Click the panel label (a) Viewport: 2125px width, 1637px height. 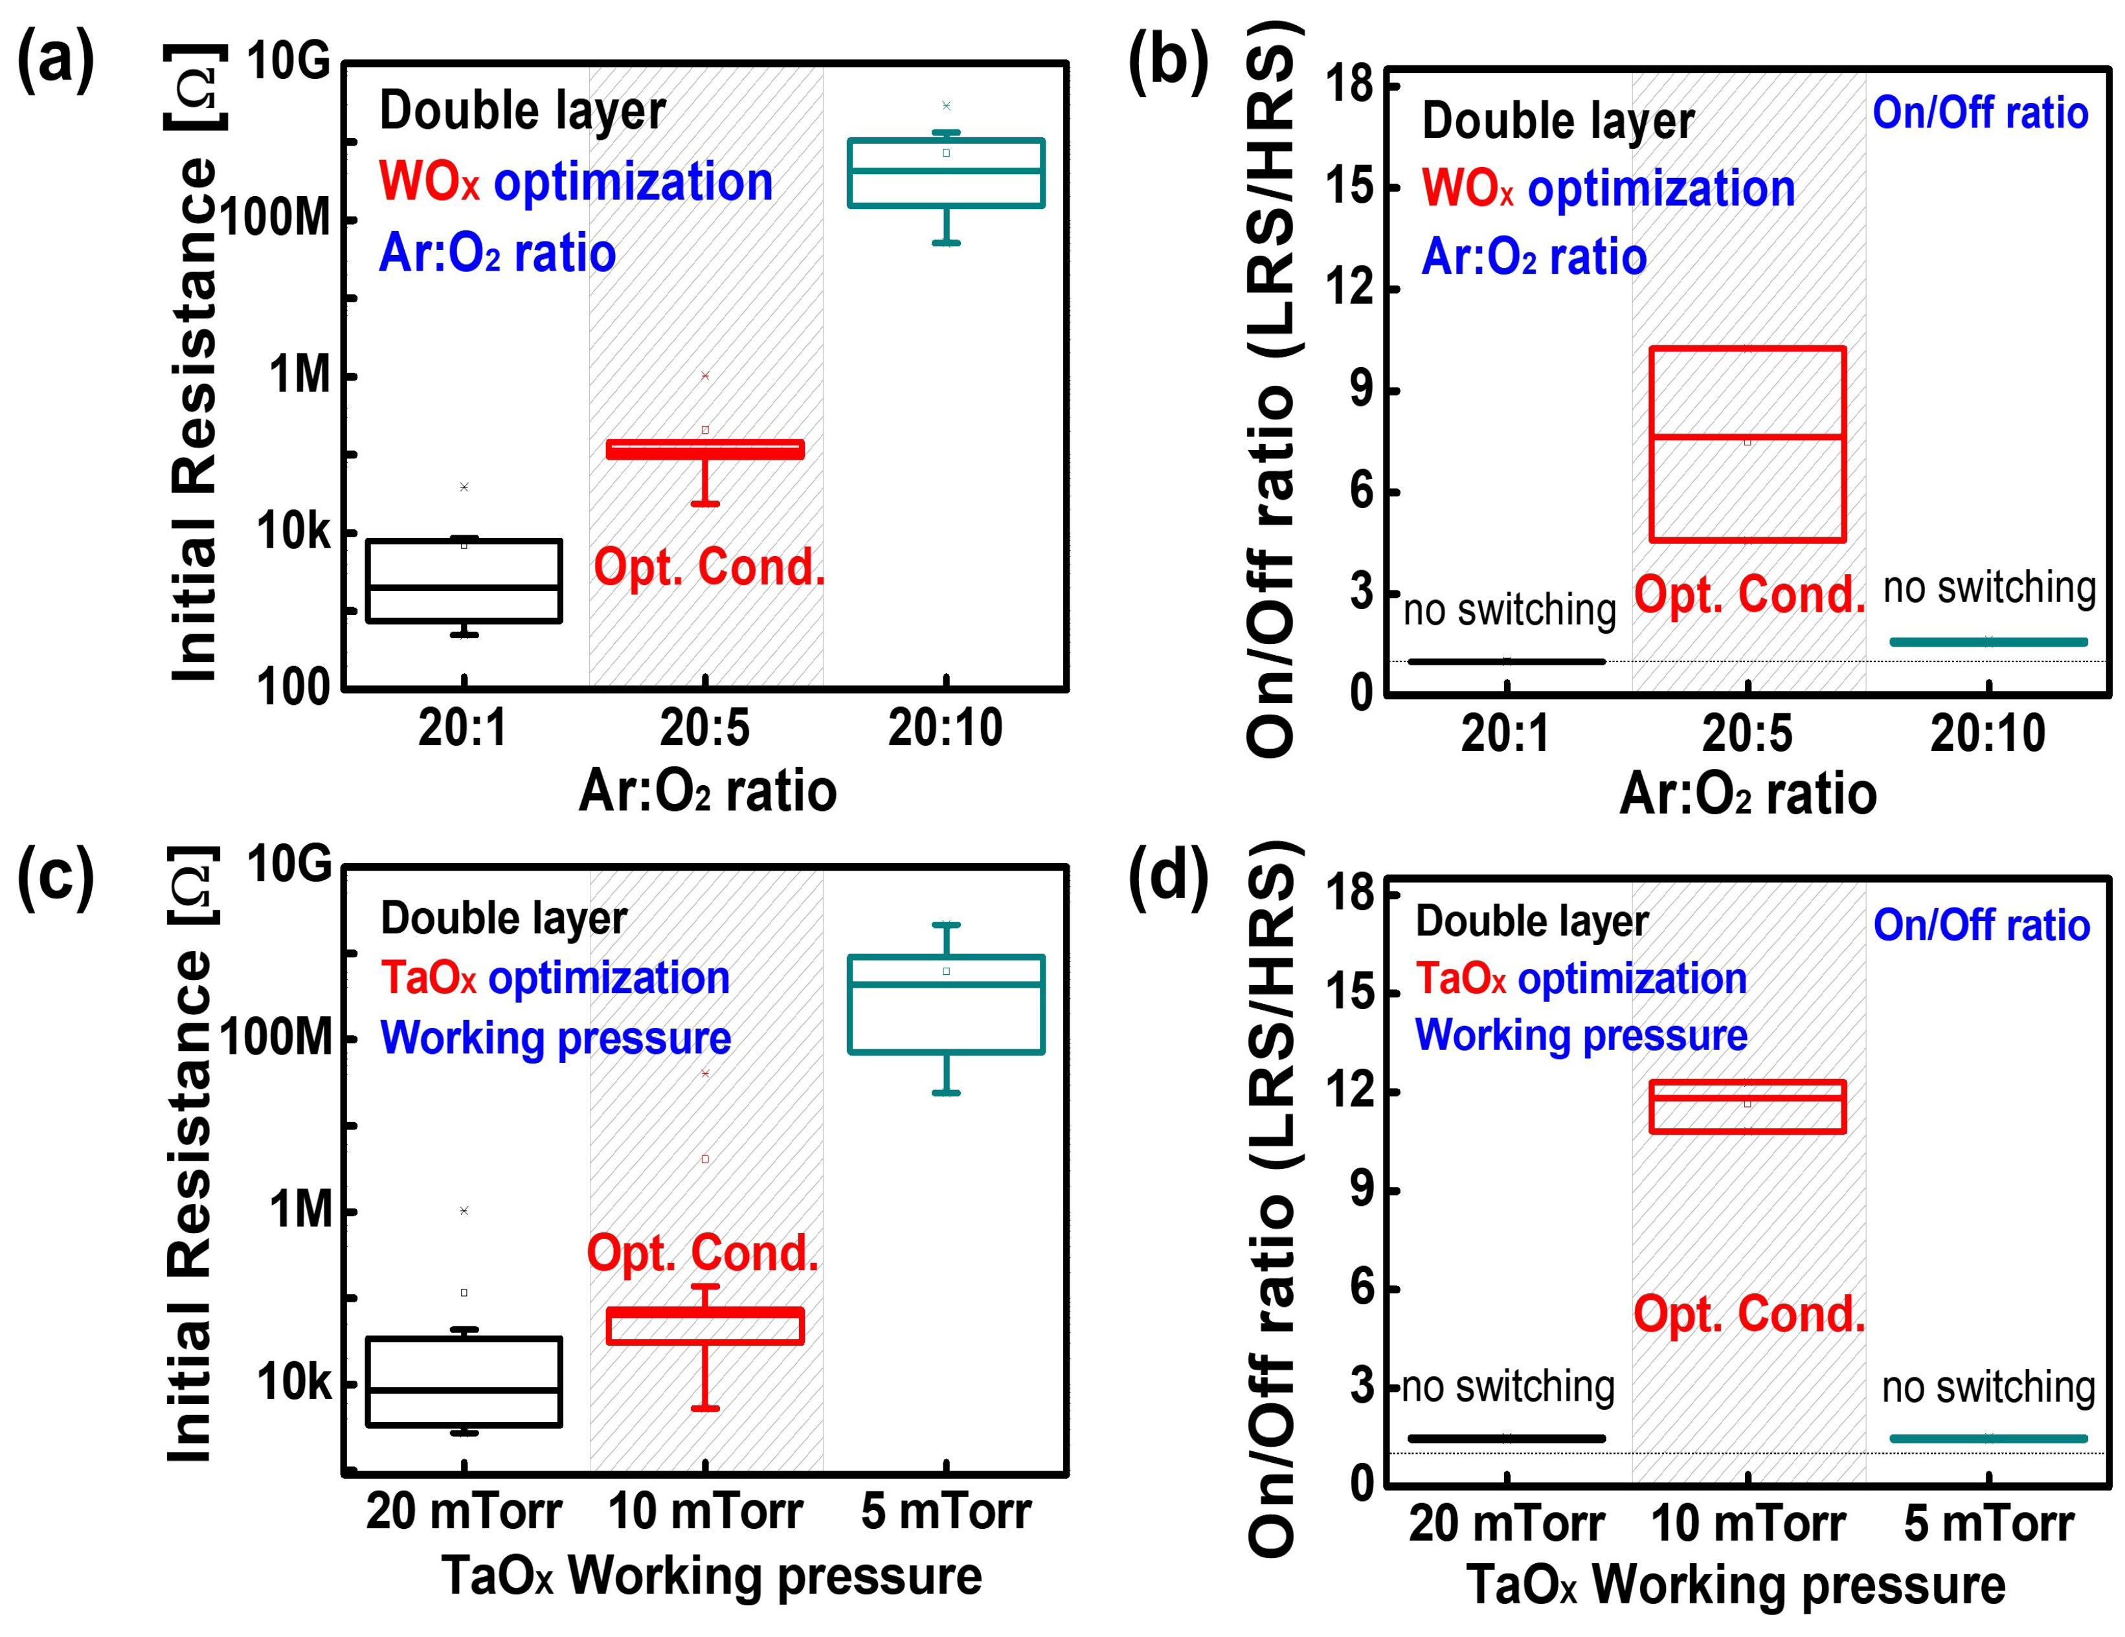(x=56, y=60)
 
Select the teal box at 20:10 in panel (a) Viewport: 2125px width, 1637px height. (x=946, y=173)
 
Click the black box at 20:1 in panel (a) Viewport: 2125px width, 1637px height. (x=464, y=581)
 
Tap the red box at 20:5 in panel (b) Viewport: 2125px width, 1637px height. (x=1748, y=443)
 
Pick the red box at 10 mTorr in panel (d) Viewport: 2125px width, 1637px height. (x=1748, y=1106)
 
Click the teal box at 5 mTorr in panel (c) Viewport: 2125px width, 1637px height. (x=946, y=1005)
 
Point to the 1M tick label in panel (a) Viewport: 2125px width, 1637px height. (x=300, y=375)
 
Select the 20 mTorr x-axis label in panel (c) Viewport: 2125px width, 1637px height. (x=464, y=1511)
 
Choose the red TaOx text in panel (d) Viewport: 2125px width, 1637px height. (x=1459, y=979)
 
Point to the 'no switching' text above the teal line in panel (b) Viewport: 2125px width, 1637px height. (x=1989, y=588)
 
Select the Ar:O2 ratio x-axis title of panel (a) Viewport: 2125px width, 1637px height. (x=707, y=791)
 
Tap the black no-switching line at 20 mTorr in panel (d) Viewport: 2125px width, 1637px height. (x=1506, y=1438)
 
